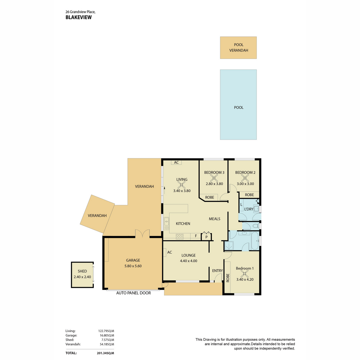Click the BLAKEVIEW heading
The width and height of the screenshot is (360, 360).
(x=79, y=17)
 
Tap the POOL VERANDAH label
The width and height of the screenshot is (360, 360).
(x=238, y=47)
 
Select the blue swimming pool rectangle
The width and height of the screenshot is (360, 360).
(x=238, y=105)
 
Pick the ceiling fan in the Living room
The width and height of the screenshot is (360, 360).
(x=181, y=185)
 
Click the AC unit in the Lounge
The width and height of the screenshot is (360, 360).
(x=165, y=252)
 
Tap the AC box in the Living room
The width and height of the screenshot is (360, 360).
(x=176, y=162)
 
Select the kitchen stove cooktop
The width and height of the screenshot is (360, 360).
(x=179, y=236)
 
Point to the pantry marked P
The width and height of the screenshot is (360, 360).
(x=206, y=236)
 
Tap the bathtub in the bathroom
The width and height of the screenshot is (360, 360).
(x=255, y=241)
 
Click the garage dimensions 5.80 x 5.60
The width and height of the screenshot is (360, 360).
(x=133, y=266)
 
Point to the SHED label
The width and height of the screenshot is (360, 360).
(x=82, y=271)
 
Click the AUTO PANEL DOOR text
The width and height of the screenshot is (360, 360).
(x=133, y=293)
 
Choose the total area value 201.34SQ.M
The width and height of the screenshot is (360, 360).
(x=105, y=353)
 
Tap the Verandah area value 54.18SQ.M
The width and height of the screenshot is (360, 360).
(x=107, y=344)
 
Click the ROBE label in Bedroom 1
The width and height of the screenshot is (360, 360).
(x=227, y=277)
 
